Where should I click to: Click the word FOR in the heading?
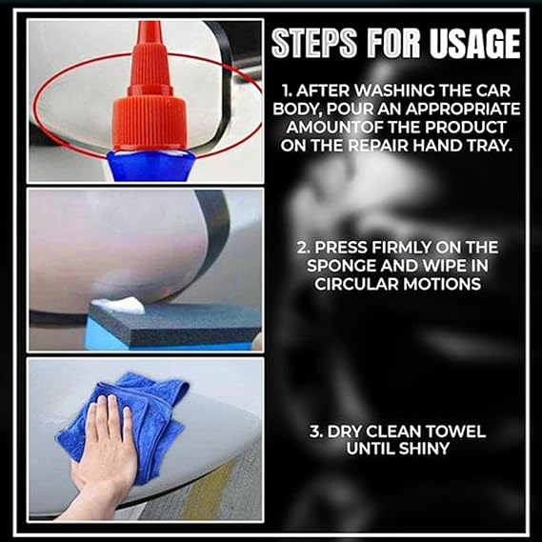click(x=393, y=44)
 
